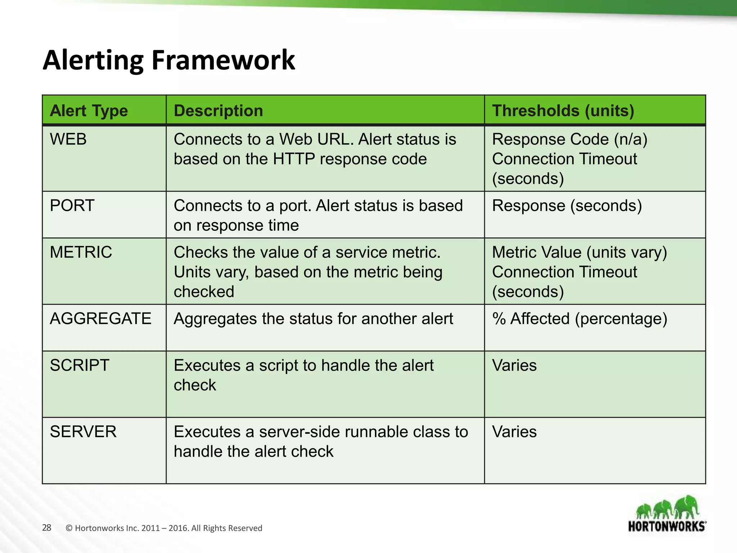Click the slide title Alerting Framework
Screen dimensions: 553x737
pyautogui.click(x=168, y=60)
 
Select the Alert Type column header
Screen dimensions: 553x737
pyautogui.click(x=89, y=111)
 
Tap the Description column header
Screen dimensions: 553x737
pyautogui.click(x=218, y=111)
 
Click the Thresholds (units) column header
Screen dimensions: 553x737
pyautogui.click(x=562, y=111)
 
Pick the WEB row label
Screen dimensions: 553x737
pyautogui.click(x=68, y=139)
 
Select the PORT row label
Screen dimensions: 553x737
pyautogui.click(x=72, y=206)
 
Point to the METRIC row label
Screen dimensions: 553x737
pyautogui.click(x=81, y=252)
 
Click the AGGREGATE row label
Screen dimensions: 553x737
pyautogui.click(x=100, y=319)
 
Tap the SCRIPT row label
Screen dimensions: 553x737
pyautogui.click(x=80, y=365)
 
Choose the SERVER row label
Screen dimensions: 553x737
pyautogui.click(x=83, y=432)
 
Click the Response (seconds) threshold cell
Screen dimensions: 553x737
pyautogui.click(x=567, y=206)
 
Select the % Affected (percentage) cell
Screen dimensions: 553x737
pyautogui.click(x=579, y=319)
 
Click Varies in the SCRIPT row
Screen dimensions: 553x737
pyautogui.click(x=514, y=365)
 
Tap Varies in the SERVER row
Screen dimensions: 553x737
pyautogui.click(x=514, y=432)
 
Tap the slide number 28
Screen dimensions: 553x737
pyautogui.click(x=47, y=528)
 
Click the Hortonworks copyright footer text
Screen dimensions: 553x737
pyautogui.click(x=164, y=528)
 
